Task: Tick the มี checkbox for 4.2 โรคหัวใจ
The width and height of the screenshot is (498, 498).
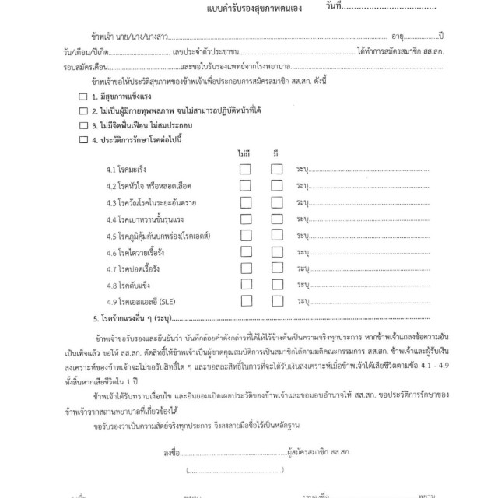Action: (x=276, y=186)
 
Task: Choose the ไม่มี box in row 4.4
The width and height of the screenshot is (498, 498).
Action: (x=245, y=219)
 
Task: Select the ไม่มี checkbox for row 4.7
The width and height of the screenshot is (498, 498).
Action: (x=245, y=269)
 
